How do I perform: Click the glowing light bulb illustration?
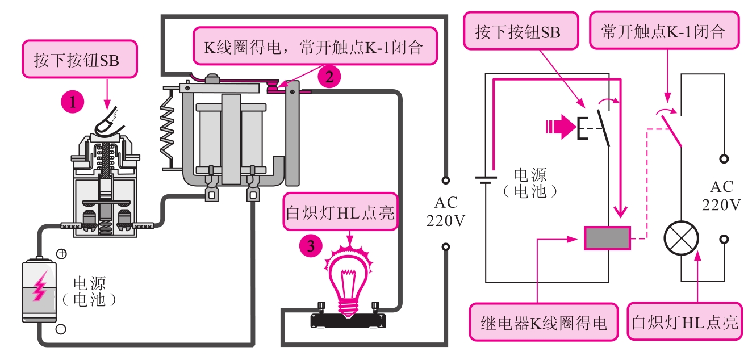pyautogui.click(x=349, y=275)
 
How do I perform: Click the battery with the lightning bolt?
pyautogui.click(x=39, y=290)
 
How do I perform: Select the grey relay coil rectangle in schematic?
pyautogui.click(x=607, y=238)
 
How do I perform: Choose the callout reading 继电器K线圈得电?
pyautogui.click(x=544, y=323)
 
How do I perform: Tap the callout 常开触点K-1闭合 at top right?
pyautogui.click(x=664, y=31)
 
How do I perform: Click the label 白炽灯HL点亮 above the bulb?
pyautogui.click(x=340, y=214)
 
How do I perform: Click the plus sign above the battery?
pyautogui.click(x=62, y=253)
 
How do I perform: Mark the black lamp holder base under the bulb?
pyautogui.click(x=349, y=320)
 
